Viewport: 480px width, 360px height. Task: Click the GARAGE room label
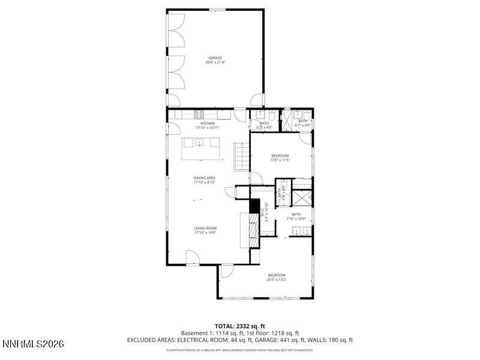pos(215,58)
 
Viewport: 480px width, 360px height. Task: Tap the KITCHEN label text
pos(208,124)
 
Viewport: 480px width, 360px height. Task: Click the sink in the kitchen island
pos(197,143)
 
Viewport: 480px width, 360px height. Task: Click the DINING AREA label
pos(204,178)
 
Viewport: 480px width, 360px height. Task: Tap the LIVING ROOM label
pos(205,229)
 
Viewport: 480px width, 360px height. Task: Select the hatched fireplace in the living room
pos(254,229)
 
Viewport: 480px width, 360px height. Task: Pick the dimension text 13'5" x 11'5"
pos(280,160)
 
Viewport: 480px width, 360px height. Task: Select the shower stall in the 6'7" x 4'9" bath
pos(289,120)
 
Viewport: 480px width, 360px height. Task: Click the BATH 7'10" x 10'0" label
pos(296,217)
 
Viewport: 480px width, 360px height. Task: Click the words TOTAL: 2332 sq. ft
pos(240,326)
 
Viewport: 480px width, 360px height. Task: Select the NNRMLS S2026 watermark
pos(34,344)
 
